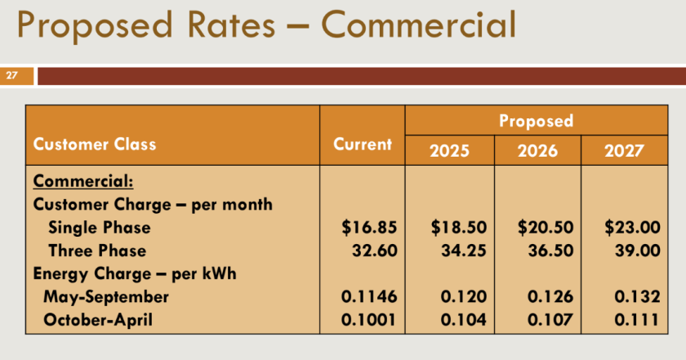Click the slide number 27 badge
click(12, 76)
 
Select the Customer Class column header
click(94, 144)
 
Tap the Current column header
click(363, 144)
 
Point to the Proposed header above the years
click(537, 121)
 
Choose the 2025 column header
click(450, 151)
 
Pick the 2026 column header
click(537, 151)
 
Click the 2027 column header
click(625, 151)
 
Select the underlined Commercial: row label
click(82, 180)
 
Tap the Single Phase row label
click(99, 227)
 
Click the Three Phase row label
click(97, 251)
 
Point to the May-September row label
click(106, 296)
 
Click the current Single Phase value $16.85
click(369, 227)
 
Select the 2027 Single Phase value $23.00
click(631, 227)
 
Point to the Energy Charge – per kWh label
click(134, 273)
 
